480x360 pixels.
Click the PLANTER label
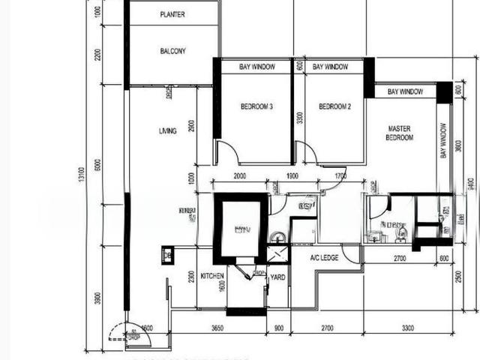172,14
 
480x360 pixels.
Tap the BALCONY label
172,51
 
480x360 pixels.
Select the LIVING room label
167,131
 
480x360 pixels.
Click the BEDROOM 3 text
256,107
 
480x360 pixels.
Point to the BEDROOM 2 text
334,107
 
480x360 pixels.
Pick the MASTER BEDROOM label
399,133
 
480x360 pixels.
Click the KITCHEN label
212,276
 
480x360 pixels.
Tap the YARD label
277,276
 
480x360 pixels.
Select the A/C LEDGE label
325,257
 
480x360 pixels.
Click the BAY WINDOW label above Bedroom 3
256,67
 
